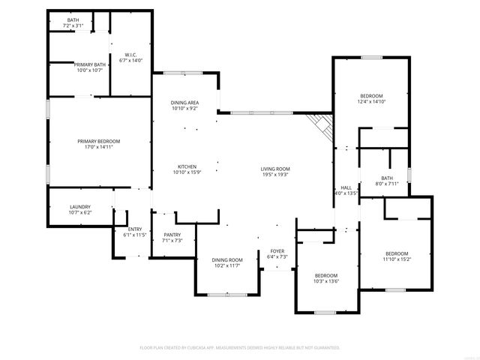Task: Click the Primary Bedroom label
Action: coord(98,141)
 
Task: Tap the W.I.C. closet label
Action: coord(130,55)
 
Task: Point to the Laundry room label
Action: coord(80,207)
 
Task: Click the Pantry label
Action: coord(172,235)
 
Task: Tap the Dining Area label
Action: coord(184,102)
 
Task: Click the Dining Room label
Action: coord(227,259)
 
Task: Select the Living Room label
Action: coord(275,169)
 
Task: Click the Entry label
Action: coord(135,229)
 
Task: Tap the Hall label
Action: coord(346,187)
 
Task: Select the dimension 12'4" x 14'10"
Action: coord(371,102)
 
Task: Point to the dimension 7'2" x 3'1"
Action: coord(73,25)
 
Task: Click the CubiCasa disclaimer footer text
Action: coord(240,347)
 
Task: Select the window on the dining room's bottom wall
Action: coord(227,295)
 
